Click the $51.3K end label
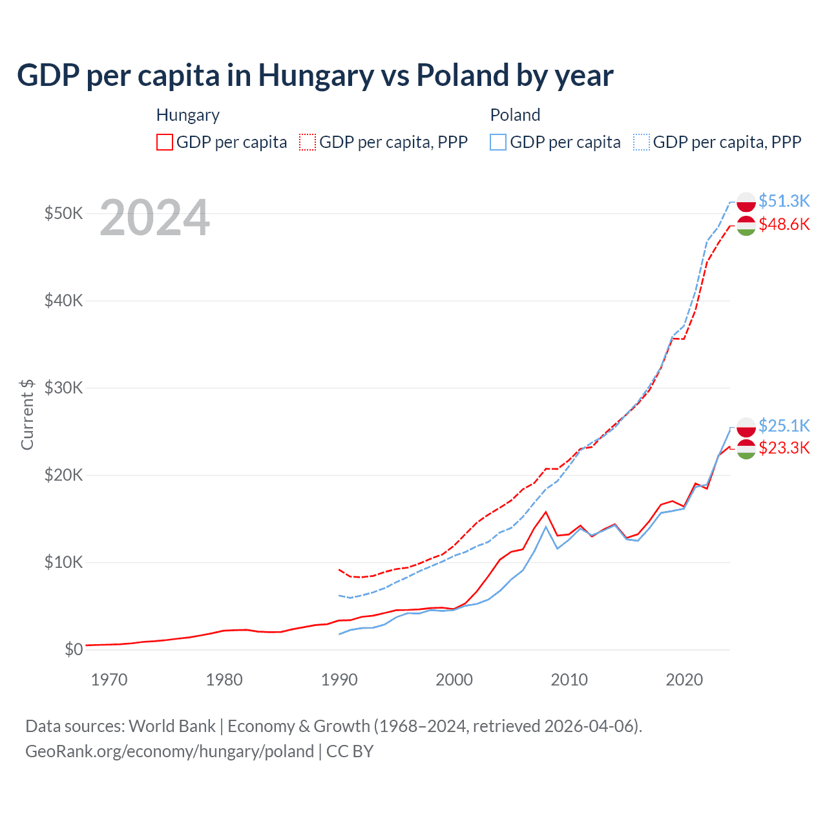click(x=784, y=201)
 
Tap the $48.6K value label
click(x=784, y=224)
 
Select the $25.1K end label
click(x=784, y=426)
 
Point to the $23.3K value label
click(x=784, y=448)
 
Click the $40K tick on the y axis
click(x=63, y=300)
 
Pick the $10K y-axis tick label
click(x=63, y=562)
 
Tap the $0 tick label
click(x=74, y=649)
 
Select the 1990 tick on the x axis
click(x=339, y=680)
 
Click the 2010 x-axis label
click(x=569, y=680)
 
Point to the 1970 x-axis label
click(x=109, y=680)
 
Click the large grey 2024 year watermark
click(x=155, y=218)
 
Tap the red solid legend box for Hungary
click(x=165, y=142)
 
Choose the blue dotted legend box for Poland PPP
click(x=642, y=142)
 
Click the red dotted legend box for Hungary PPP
click(x=308, y=142)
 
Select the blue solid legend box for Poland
click(x=498, y=142)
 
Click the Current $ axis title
click(x=27, y=414)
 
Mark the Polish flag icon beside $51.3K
click(x=746, y=202)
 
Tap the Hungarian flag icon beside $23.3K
click(x=746, y=450)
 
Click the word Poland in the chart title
click(x=462, y=76)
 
